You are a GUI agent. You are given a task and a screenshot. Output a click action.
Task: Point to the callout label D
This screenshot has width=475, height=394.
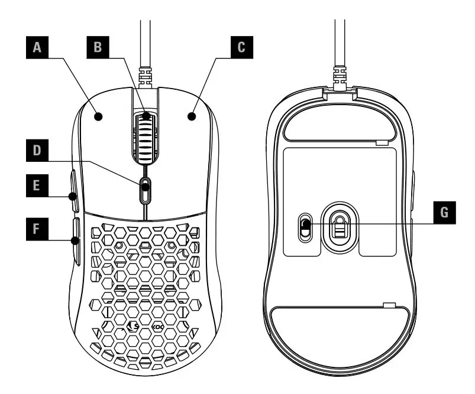[x=38, y=151]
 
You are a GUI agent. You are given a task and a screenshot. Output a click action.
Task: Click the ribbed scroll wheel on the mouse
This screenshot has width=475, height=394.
[x=146, y=136]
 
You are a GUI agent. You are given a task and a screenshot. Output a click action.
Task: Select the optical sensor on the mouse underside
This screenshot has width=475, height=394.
[x=338, y=224]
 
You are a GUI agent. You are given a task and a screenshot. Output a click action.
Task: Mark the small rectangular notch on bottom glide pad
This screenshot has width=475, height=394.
[x=389, y=305]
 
